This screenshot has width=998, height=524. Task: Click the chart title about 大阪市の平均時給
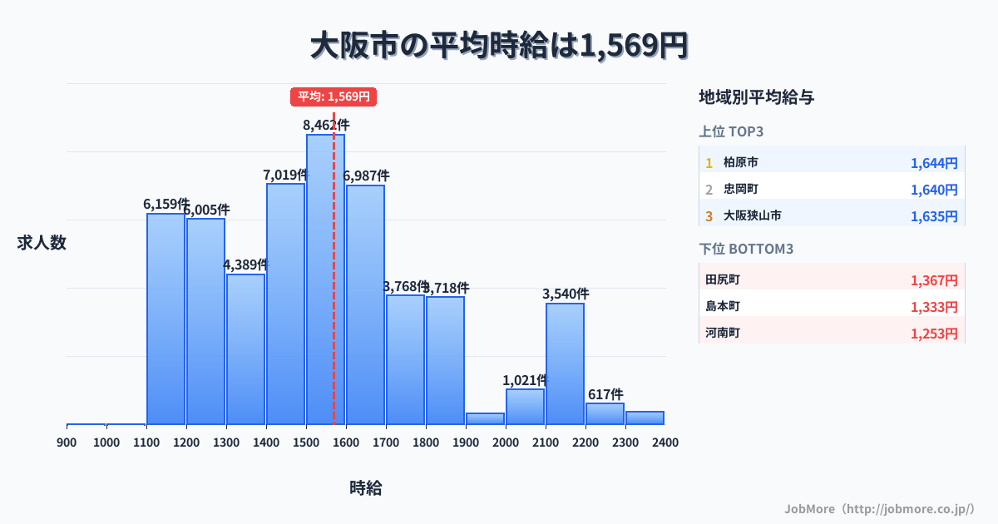pos(499,46)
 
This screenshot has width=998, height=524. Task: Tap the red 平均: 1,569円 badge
pos(333,96)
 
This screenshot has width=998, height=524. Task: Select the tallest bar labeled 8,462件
pos(325,279)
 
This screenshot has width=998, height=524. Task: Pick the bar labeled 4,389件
pos(245,349)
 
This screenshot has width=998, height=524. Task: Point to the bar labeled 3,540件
pos(565,363)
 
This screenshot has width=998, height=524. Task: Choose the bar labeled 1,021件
pos(525,407)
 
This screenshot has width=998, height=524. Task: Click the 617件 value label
pos(605,394)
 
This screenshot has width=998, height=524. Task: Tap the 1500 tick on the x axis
pos(306,442)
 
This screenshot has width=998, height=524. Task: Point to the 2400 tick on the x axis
pos(665,442)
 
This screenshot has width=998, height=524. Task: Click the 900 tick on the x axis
pos(67,442)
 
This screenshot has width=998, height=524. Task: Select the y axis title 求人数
pos(42,243)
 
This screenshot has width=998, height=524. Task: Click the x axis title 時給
pos(366,488)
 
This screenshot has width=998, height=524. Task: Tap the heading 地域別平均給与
pos(757,97)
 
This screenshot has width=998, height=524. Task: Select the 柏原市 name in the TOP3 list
pos(740,163)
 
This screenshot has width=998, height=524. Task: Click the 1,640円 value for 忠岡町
pos(934,190)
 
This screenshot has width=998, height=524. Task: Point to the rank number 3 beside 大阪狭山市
pos(709,216)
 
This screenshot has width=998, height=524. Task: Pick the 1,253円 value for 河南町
pos(934,334)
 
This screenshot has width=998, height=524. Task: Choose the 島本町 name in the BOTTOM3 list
pos(722,307)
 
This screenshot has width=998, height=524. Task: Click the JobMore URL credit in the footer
pos(879,508)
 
